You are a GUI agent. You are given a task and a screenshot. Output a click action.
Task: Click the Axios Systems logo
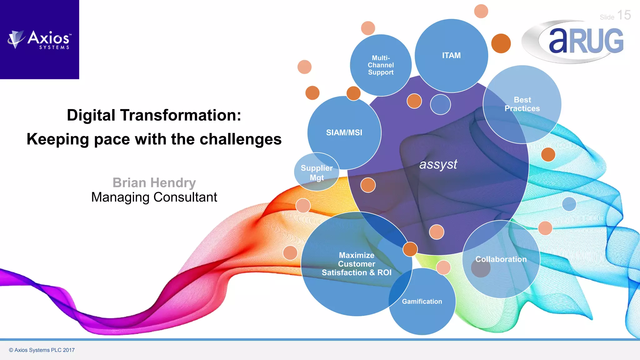tap(40, 40)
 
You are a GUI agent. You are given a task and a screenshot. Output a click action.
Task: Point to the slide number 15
tap(624, 15)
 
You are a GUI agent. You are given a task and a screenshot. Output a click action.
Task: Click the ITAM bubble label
tap(451, 56)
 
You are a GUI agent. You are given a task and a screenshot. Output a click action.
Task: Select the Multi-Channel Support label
tap(381, 65)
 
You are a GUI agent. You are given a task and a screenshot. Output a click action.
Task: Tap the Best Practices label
tap(522, 104)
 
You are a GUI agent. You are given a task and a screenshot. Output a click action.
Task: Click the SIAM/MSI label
tap(344, 132)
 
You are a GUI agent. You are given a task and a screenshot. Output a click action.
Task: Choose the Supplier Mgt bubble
tap(317, 172)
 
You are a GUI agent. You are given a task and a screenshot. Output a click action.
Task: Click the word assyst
tap(438, 164)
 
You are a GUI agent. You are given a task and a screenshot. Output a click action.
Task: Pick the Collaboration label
tap(501, 259)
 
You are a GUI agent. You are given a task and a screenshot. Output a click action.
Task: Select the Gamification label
tap(422, 302)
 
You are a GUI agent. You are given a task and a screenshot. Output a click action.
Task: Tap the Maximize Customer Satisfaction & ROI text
tap(357, 264)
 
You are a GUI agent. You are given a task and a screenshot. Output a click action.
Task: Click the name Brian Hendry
tap(154, 182)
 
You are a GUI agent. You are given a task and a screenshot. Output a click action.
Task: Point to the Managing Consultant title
tap(154, 197)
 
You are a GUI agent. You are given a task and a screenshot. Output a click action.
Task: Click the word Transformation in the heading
tap(180, 115)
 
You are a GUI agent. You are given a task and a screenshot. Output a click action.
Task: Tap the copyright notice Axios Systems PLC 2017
tap(42, 350)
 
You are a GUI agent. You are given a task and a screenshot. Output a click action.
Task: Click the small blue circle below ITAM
tap(440, 104)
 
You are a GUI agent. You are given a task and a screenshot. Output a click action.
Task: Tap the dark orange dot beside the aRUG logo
tap(501, 43)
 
